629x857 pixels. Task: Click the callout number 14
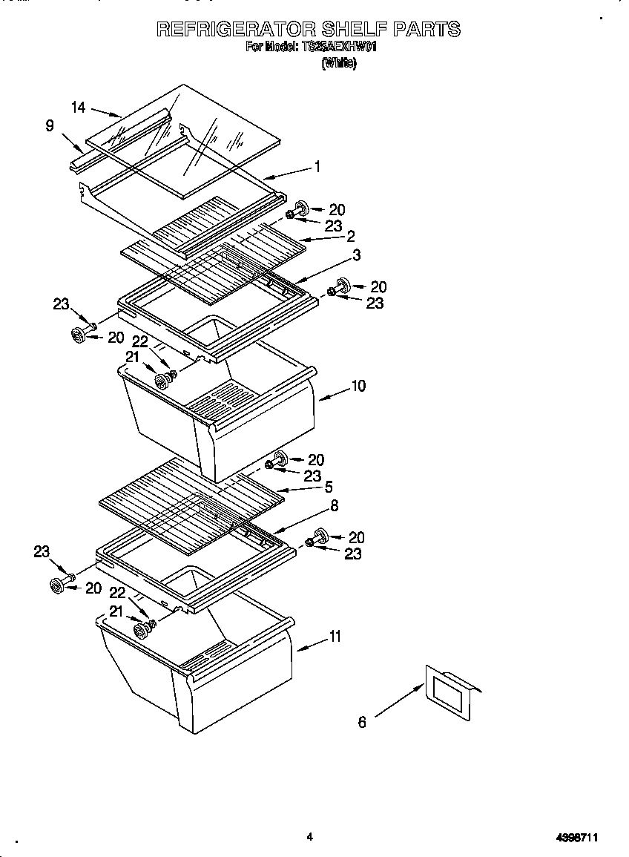tap(79, 108)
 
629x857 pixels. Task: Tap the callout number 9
tap(50, 125)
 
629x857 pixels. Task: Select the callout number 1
tap(317, 167)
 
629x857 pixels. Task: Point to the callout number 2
tap(350, 236)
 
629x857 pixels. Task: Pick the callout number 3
tap(357, 255)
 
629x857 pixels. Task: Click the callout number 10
tap(358, 386)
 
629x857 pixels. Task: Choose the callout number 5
tap(328, 487)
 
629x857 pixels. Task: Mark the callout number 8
tap(335, 505)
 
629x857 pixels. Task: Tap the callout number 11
tap(335, 636)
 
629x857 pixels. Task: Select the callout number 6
tap(362, 721)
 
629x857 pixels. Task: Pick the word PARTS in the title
tap(426, 29)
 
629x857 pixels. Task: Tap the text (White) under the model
tap(338, 64)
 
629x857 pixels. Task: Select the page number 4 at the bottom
tap(309, 837)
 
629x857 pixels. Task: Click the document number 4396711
tap(577, 838)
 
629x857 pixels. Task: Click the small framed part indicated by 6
tap(449, 693)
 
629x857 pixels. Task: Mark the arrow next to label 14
tap(106, 112)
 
